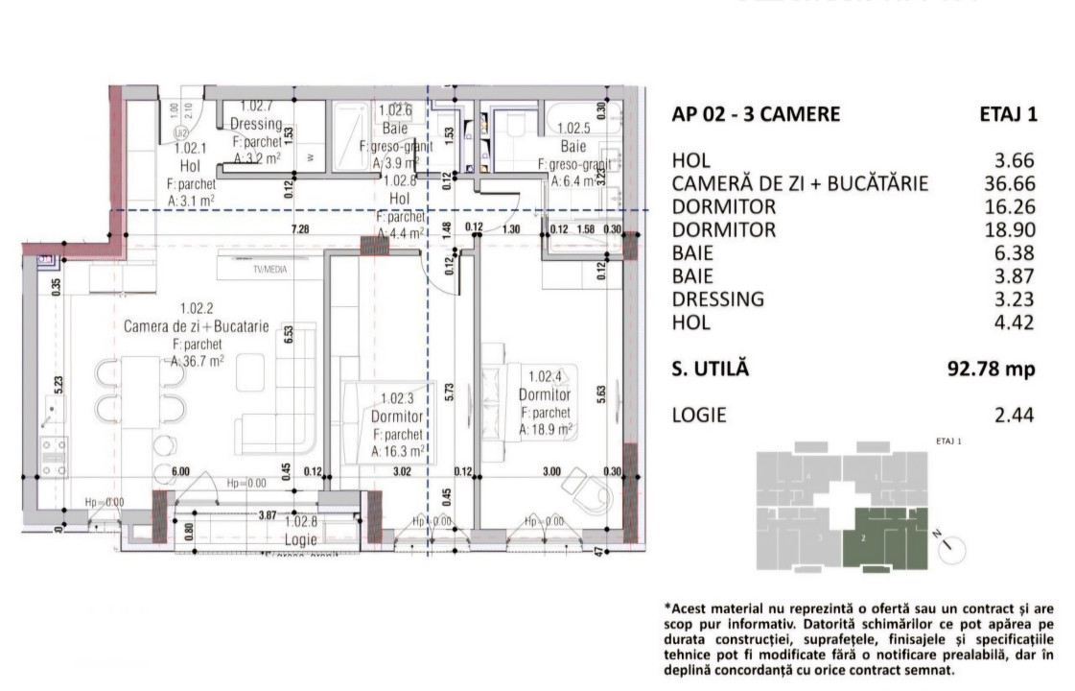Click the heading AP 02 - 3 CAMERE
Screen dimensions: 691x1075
pos(756,114)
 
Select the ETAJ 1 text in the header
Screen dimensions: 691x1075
pos(1007,114)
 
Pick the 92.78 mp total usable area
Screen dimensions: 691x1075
pos(992,369)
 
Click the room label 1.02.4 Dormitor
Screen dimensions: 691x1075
pos(544,393)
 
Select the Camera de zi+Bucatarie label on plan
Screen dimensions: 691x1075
pos(196,326)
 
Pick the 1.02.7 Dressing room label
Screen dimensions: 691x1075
pos(256,124)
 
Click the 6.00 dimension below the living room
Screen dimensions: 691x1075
pos(180,471)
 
